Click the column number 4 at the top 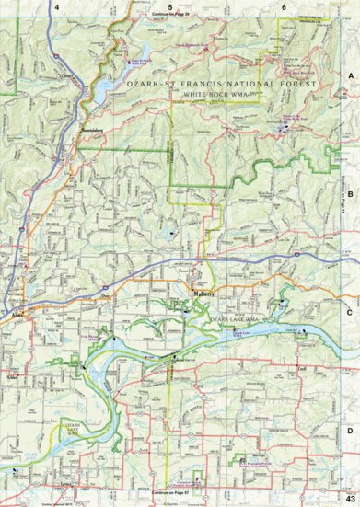[56, 7]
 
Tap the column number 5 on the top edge [169, 7]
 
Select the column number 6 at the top [284, 7]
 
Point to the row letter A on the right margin [350, 78]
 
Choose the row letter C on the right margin [350, 311]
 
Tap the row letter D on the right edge [350, 430]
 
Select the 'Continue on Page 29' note [171, 15]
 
